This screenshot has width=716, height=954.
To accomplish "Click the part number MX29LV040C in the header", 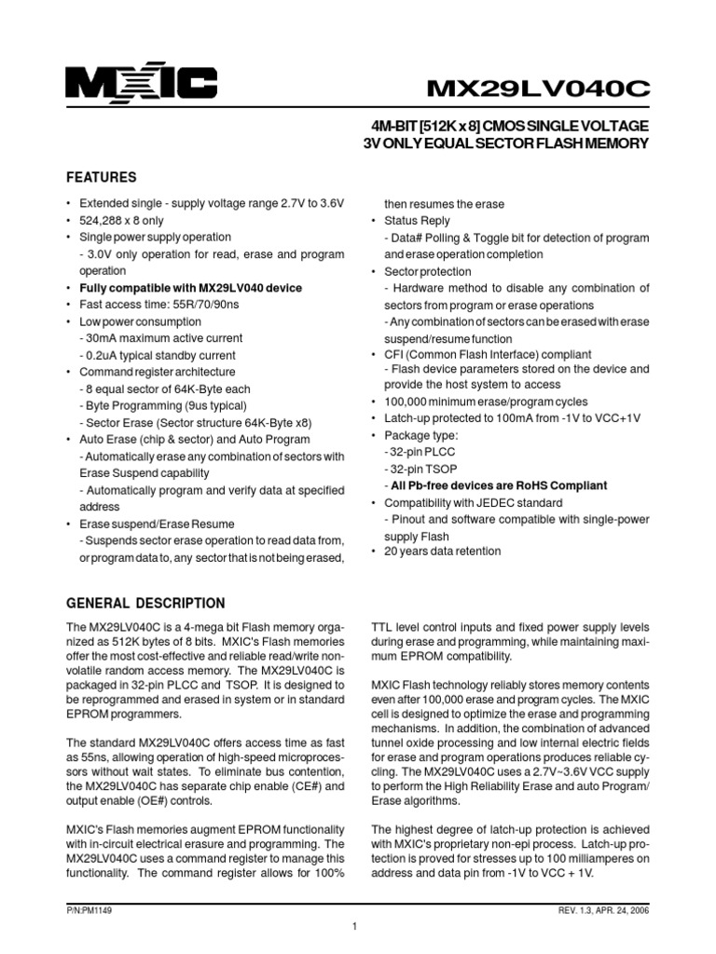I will (x=538, y=88).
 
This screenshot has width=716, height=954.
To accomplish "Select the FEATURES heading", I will (x=101, y=177).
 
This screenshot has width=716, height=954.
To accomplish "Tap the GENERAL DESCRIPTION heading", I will (x=145, y=603).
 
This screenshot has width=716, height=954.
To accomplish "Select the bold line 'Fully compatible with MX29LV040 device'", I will (x=190, y=288).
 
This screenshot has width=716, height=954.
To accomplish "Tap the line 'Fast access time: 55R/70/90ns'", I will (x=158, y=305).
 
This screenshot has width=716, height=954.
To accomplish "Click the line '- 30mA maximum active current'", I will (x=160, y=338).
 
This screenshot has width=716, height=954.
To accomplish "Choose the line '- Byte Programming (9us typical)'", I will (x=163, y=405).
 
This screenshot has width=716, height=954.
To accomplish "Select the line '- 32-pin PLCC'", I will (x=420, y=452).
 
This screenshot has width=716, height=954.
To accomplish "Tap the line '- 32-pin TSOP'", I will (x=420, y=469).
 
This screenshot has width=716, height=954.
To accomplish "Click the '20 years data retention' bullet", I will (x=442, y=552).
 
